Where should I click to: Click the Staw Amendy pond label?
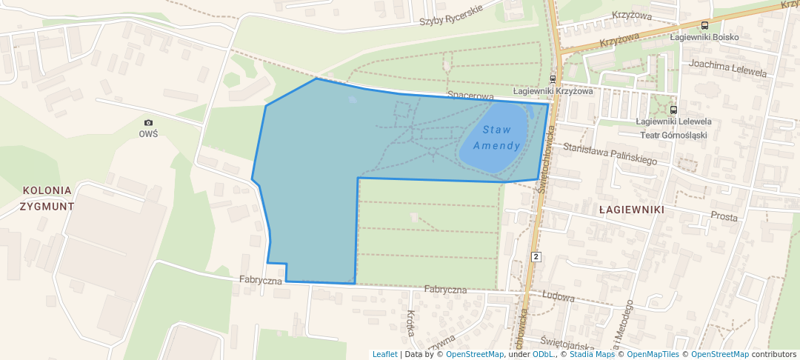pyautogui.click(x=496, y=138)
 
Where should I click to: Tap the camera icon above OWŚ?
pyautogui.click(x=148, y=122)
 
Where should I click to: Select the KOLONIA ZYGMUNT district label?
pyautogui.click(x=47, y=198)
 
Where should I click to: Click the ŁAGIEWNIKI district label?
pyautogui.click(x=631, y=210)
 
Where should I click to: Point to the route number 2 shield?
pyautogui.click(x=536, y=256)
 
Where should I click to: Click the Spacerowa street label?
pyautogui.click(x=470, y=96)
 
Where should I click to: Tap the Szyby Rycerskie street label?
pyautogui.click(x=451, y=15)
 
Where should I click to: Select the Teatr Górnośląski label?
pyautogui.click(x=673, y=135)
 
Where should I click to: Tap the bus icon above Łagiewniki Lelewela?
pyautogui.click(x=673, y=110)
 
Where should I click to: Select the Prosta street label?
pyautogui.click(x=724, y=217)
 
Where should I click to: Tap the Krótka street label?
pyautogui.click(x=410, y=323)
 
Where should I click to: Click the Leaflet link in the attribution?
pyautogui.click(x=384, y=354)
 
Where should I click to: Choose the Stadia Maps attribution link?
pyautogui.click(x=591, y=354)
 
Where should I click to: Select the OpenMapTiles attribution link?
pyautogui.click(x=653, y=354)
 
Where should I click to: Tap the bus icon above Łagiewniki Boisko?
pyautogui.click(x=704, y=24)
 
